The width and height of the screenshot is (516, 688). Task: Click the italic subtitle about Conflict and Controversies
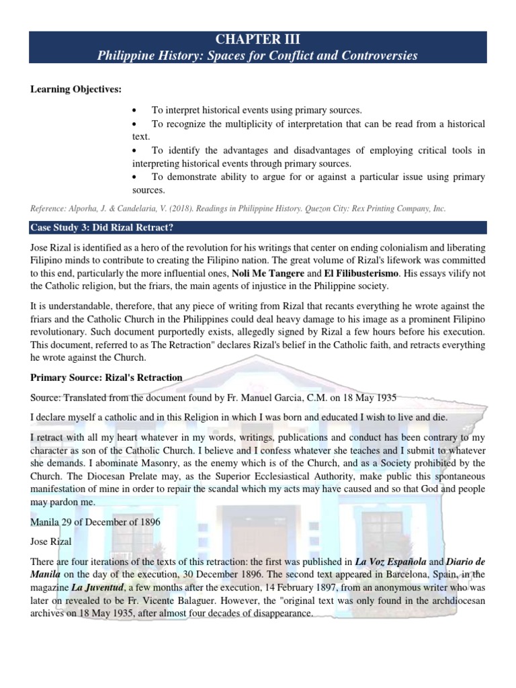[258, 55]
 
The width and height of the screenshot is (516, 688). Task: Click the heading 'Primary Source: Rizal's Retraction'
[106, 378]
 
